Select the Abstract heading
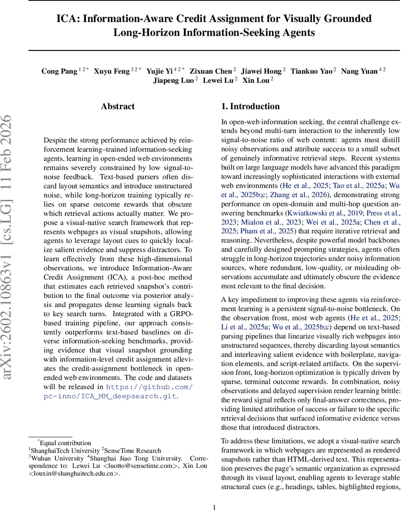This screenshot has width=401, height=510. point(117,107)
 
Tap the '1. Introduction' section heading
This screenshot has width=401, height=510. point(250,107)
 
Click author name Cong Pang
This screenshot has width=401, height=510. point(59,71)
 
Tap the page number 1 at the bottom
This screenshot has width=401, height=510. point(215,507)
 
